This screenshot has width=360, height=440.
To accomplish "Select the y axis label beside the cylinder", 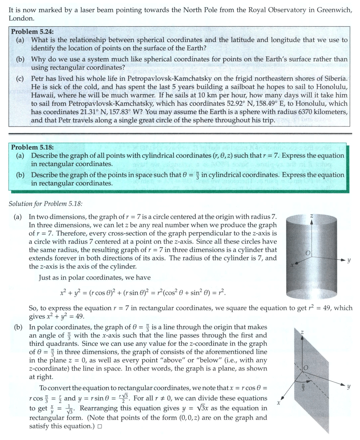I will tap(349, 259).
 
